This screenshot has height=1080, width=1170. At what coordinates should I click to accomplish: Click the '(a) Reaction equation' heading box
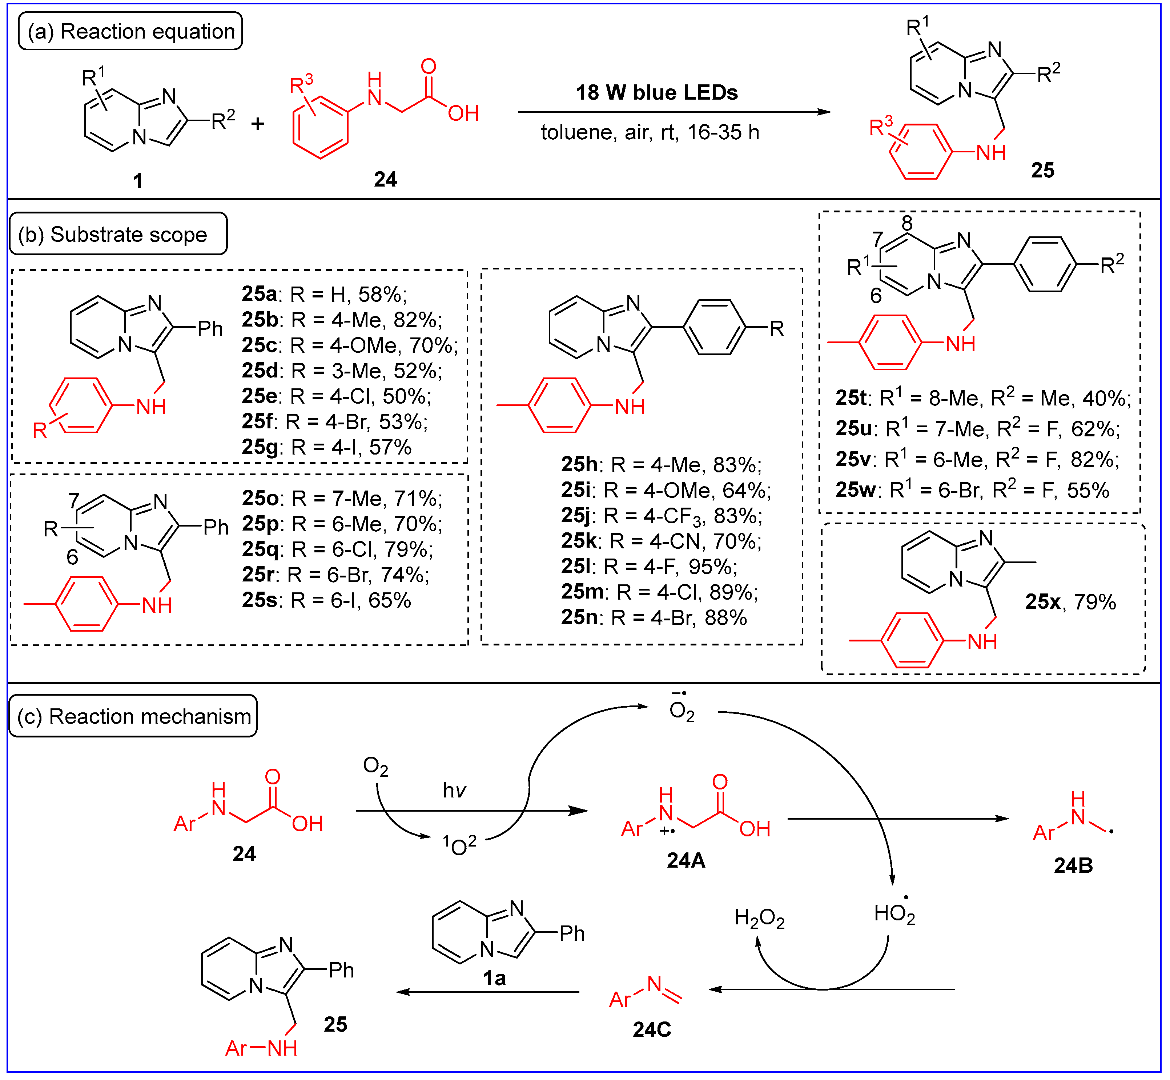point(130,31)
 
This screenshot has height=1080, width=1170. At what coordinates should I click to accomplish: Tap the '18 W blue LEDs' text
point(656,92)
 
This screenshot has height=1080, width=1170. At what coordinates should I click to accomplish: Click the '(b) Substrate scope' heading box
point(118,234)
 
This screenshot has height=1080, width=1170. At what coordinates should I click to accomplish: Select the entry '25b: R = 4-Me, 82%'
point(342,320)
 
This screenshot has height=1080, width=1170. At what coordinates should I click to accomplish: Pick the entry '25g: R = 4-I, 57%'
point(326,447)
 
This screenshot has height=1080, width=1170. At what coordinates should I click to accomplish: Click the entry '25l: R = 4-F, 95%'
point(648,566)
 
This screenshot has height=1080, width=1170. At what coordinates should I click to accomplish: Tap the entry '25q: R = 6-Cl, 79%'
point(337,549)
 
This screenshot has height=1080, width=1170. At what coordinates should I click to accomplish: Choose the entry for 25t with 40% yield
point(982,398)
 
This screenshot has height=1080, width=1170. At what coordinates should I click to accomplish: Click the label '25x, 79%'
point(1070,601)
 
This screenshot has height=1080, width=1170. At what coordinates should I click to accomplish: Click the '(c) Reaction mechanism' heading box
point(133,716)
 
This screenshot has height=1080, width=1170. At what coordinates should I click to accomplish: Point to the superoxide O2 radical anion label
point(681,709)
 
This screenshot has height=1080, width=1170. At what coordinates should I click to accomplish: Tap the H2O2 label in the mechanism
point(759,918)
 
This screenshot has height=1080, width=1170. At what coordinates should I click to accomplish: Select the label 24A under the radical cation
point(686,860)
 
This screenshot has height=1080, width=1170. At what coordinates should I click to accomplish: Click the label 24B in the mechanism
point(1073,865)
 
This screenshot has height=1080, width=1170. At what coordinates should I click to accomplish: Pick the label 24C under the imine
point(651,1029)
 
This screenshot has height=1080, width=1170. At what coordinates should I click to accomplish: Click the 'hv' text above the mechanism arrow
point(454,790)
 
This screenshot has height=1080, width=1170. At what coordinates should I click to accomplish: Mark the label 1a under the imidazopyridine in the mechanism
point(494,978)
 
